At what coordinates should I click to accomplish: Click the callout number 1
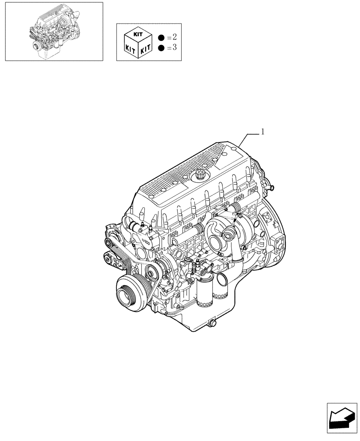click(263, 131)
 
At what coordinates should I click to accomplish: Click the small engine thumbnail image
click(53, 31)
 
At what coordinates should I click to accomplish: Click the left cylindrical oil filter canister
click(204, 294)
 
